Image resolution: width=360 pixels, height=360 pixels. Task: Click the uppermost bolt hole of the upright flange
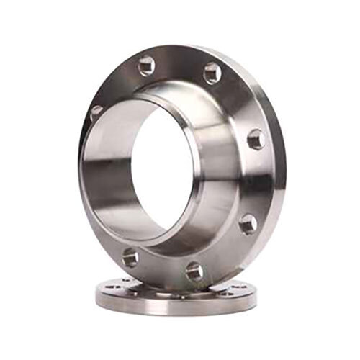(x=146, y=66)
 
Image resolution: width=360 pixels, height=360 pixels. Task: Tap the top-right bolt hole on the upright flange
(x=212, y=72)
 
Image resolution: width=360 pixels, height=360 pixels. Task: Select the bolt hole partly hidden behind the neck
(x=96, y=112)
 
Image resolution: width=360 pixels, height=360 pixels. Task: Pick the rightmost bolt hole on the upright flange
(x=256, y=138)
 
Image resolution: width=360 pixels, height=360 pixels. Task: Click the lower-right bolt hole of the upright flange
(x=247, y=223)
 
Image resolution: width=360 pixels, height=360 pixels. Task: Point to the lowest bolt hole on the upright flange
(x=194, y=271)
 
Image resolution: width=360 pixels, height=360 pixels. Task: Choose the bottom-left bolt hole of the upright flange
(x=130, y=257)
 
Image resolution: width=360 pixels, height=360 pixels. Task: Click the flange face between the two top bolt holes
(x=180, y=65)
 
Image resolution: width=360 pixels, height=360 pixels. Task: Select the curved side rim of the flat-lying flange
(x=173, y=306)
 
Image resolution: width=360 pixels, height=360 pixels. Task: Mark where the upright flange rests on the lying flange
(x=180, y=288)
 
